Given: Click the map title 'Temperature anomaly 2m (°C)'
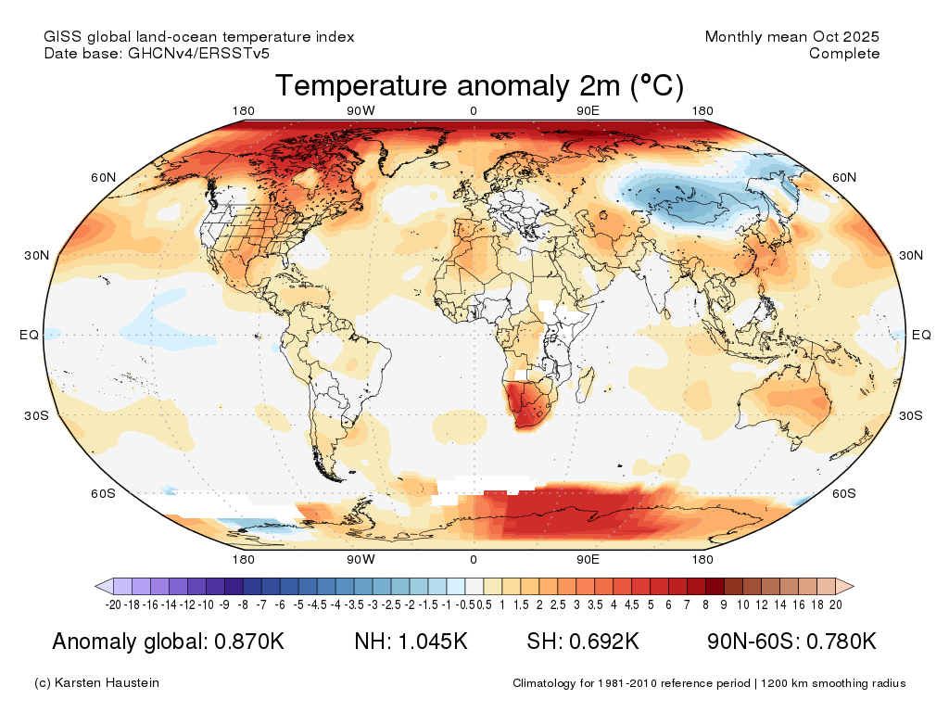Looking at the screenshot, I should pyautogui.click(x=479, y=86).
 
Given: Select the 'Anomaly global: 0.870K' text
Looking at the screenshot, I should pyautogui.click(x=168, y=642).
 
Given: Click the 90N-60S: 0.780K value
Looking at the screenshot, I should pyautogui.click(x=791, y=642).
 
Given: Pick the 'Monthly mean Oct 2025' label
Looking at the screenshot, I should pyautogui.click(x=791, y=37).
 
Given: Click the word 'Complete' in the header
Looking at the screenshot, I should pyautogui.click(x=844, y=54).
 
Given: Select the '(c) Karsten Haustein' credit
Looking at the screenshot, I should pyautogui.click(x=96, y=683).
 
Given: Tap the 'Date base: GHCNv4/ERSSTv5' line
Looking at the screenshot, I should pyautogui.click(x=157, y=54).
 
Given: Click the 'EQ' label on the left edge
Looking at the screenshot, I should pyautogui.click(x=29, y=335).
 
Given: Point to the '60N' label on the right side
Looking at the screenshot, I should pyautogui.click(x=844, y=177).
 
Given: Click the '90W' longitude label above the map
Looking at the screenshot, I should pyautogui.click(x=361, y=112).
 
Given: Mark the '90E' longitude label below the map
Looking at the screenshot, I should pyautogui.click(x=588, y=559).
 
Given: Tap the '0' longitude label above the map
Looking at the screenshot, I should pyautogui.click(x=474, y=112).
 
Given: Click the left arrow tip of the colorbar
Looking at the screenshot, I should pyautogui.click(x=97, y=586).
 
